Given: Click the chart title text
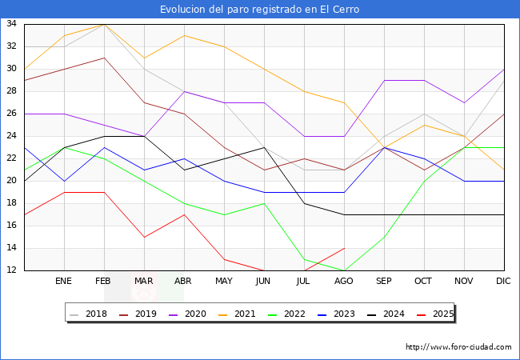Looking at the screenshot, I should (259, 10).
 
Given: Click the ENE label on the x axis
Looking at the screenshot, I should (64, 282).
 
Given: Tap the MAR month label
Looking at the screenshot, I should (144, 282).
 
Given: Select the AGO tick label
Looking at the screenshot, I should (344, 282).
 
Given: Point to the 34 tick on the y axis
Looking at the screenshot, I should (12, 24).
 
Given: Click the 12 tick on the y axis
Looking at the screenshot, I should (12, 270).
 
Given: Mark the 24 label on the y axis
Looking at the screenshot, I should (12, 136).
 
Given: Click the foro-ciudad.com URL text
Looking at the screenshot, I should (458, 347).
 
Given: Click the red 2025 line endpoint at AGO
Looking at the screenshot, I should (344, 248).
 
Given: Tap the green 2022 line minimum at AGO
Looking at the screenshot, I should (344, 270).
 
